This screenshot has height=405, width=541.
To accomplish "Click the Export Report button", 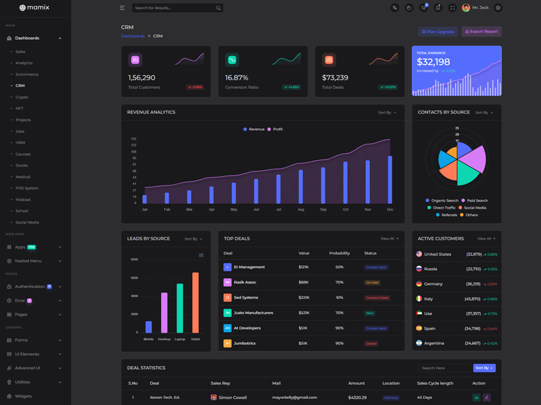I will click(481, 32).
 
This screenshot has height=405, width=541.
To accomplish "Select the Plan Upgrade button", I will click(438, 32).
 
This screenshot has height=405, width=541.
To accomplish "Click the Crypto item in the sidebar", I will click(22, 97).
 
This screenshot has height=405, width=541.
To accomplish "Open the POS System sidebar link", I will click(27, 188).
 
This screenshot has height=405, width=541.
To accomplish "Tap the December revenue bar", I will click(390, 180).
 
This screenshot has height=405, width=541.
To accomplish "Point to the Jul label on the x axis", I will click(279, 210).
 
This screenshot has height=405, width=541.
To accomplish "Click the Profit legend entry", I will click(275, 129).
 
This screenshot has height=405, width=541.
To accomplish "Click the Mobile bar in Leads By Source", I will click(149, 327).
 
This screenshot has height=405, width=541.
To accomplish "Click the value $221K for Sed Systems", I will click(304, 298).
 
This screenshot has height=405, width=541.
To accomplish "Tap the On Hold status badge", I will click(372, 282).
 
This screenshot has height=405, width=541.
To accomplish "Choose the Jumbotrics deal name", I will click(245, 344).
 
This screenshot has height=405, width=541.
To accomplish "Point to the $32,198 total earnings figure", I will click(433, 62).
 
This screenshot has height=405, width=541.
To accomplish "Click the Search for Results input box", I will click(172, 8).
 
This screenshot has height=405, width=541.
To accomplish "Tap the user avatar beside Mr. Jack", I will click(466, 8).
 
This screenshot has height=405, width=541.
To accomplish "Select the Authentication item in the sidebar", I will click(30, 287).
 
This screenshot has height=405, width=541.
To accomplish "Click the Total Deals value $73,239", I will click(335, 78).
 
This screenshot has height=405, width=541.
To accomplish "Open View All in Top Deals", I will click(389, 238).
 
